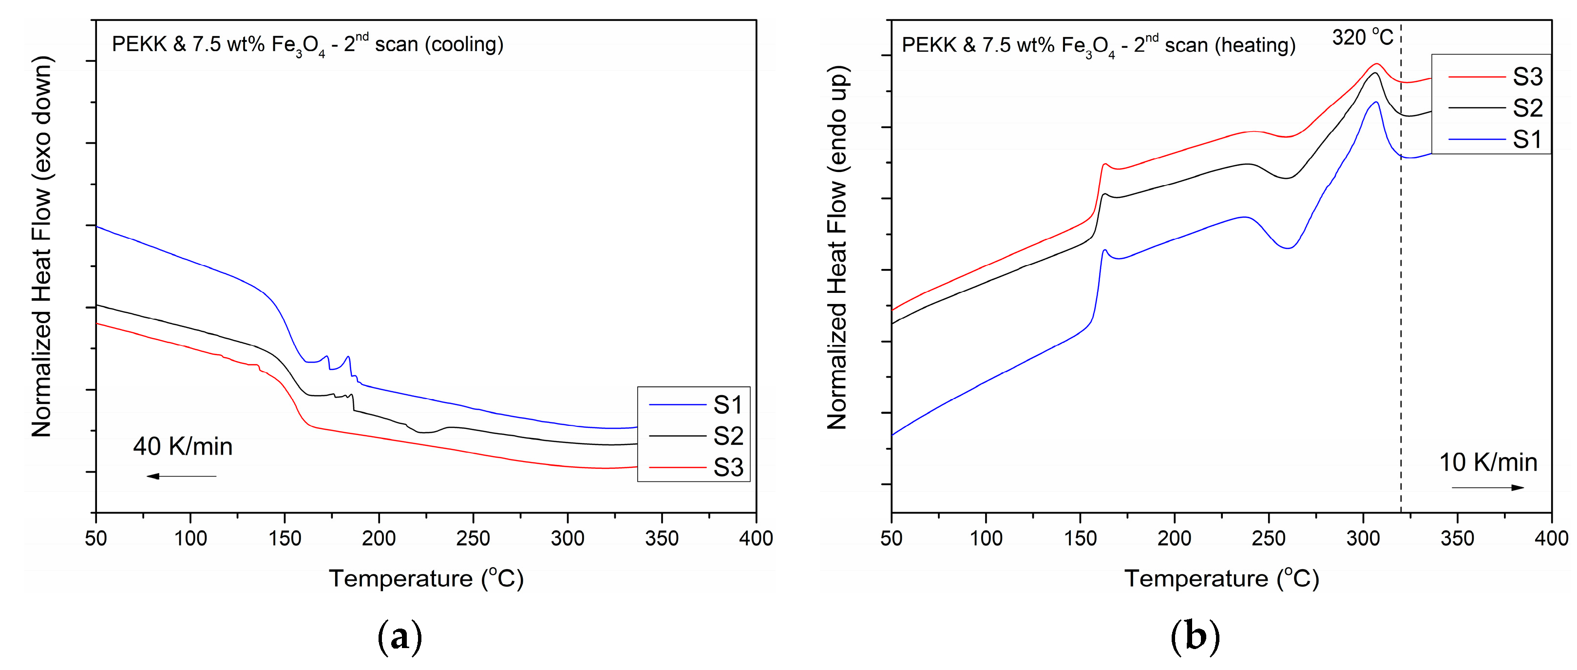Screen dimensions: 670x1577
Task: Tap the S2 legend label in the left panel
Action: pos(727,436)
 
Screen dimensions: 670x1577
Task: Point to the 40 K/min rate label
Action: pos(182,446)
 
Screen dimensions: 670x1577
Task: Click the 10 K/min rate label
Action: pos(1488,462)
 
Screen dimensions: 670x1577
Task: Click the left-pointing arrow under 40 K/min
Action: pos(181,476)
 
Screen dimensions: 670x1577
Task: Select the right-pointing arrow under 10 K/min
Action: pos(1488,487)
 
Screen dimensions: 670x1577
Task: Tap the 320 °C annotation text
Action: pos(1362,38)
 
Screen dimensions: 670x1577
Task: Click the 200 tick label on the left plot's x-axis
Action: pos(379,538)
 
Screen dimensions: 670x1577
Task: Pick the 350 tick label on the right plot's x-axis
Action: pos(1457,538)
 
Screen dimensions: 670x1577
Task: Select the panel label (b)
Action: pos(1195,637)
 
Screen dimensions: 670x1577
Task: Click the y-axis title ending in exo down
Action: pos(41,247)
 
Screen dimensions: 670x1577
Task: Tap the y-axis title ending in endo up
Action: pos(837,247)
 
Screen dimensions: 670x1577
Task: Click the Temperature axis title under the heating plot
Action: pos(1221,579)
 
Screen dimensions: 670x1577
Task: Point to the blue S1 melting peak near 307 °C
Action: pos(1376,102)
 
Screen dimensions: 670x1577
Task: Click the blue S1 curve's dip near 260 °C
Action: pos(1288,248)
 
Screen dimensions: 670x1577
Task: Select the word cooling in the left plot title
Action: pos(465,44)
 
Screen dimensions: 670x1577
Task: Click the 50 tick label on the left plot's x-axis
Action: pos(95,538)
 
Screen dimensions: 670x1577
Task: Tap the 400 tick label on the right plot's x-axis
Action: pos(1551,538)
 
